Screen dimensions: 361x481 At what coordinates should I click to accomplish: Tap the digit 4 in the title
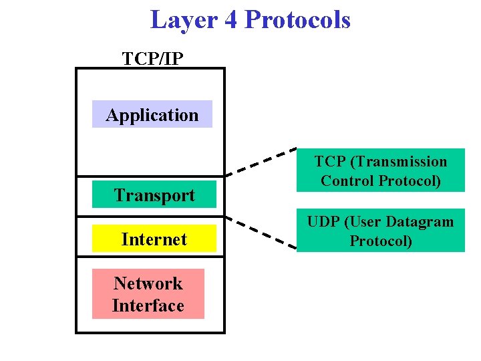(x=230, y=20)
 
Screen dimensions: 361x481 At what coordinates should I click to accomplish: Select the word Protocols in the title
(x=297, y=20)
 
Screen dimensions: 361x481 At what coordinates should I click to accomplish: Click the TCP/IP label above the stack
(x=152, y=59)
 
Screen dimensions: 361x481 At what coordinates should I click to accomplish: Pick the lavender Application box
(x=152, y=114)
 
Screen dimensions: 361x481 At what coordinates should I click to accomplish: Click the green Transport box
(x=154, y=195)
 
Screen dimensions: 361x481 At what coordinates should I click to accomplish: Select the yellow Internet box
(x=154, y=239)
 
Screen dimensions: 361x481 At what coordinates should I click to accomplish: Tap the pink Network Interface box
(x=148, y=294)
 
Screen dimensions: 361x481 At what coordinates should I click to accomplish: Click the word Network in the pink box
(x=148, y=283)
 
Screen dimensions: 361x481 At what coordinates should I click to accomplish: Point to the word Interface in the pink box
(x=148, y=306)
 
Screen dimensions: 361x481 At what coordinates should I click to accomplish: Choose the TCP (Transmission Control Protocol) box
(x=381, y=170)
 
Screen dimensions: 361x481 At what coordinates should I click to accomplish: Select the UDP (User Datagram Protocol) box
(x=381, y=231)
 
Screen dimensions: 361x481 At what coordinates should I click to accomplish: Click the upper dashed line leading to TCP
(x=261, y=161)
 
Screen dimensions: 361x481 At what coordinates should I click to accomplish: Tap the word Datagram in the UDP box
(x=420, y=222)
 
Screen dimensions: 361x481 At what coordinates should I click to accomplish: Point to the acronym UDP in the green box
(x=324, y=222)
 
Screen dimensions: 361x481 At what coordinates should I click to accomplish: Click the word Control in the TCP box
(x=347, y=180)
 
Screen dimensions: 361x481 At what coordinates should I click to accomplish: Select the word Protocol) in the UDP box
(x=381, y=241)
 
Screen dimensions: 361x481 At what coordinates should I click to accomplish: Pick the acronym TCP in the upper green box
(x=329, y=162)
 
